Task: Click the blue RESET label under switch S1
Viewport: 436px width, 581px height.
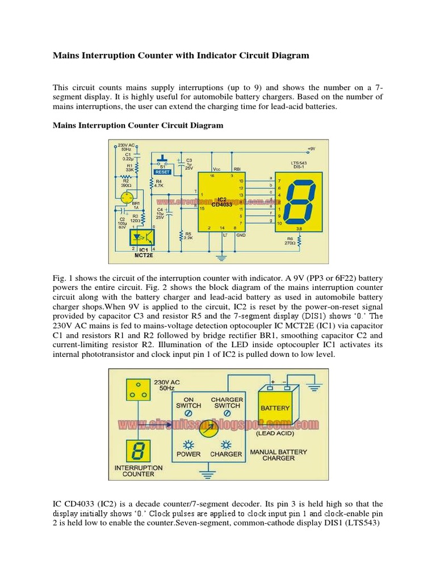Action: click(163, 170)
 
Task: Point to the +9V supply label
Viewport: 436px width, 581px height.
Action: click(311, 149)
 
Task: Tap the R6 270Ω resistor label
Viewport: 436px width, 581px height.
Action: click(291, 242)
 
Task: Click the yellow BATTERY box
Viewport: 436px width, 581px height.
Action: click(275, 407)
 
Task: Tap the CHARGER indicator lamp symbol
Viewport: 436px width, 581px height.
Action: click(226, 444)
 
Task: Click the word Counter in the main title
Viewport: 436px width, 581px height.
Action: click(173, 56)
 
